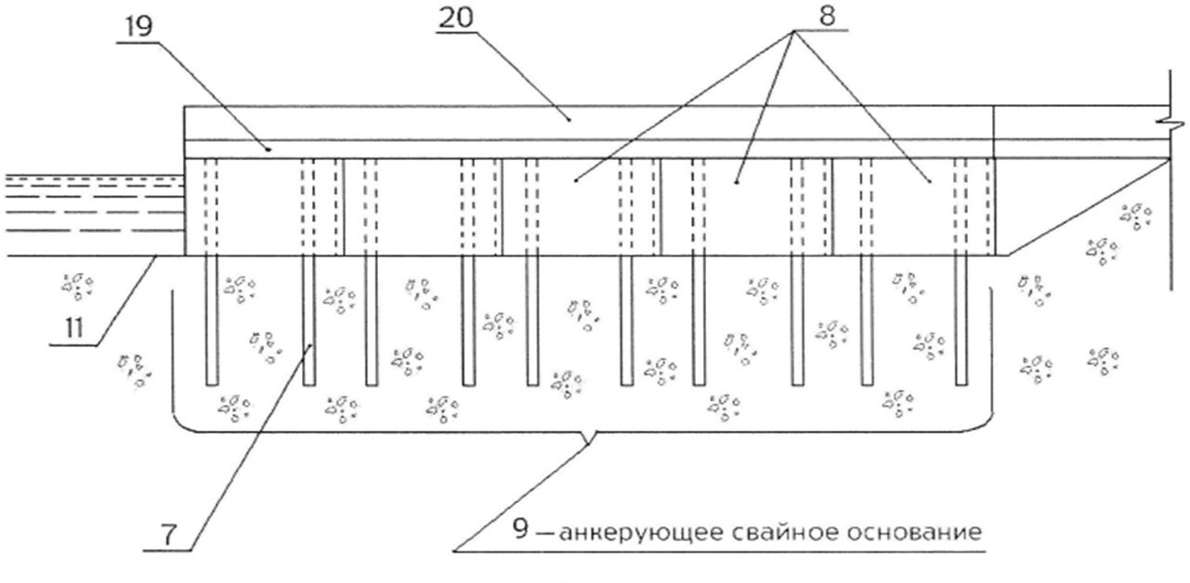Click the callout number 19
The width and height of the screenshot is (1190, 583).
138,27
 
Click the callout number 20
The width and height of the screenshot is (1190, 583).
455,18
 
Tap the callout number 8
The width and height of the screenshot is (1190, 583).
827,16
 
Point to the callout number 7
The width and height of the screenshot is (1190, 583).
168,536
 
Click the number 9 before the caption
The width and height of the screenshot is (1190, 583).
520,529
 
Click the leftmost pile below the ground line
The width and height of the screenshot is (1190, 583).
212,320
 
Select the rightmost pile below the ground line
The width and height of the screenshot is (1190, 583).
961,320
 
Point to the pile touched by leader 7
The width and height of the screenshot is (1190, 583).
308,320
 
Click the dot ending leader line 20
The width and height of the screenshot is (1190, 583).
569,121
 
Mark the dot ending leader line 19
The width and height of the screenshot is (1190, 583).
268,149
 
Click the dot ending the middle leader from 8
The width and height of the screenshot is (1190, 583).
737,182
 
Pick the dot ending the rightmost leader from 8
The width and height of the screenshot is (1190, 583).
930,182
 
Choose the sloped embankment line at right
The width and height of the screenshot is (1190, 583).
1088,207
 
